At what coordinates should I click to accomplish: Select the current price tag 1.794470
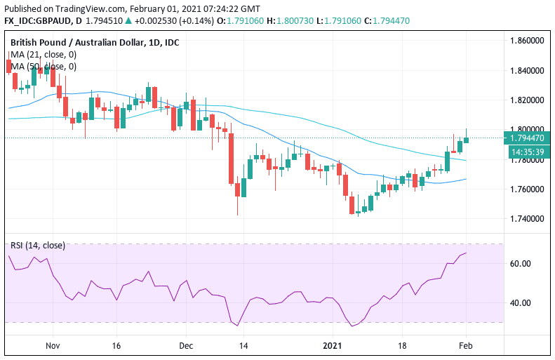528,138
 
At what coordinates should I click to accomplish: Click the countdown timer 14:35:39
526,151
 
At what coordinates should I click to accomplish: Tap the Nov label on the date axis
53,346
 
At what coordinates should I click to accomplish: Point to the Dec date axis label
185,346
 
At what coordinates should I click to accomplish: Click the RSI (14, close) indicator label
38,245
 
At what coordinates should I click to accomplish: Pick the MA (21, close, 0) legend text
44,55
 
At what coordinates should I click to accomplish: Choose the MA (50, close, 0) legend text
44,67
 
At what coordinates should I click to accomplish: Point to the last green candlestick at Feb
466,138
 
